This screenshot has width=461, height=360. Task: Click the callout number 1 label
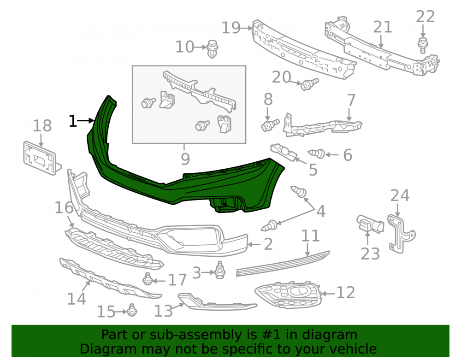point(73,121)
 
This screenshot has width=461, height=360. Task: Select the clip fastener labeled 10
point(212,49)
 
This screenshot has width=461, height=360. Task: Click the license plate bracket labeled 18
point(41,159)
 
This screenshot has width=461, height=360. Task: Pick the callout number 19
point(231,28)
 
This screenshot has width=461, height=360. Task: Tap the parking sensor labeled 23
point(370,224)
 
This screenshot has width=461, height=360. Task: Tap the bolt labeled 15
point(132,310)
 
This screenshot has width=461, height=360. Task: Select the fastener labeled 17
point(147,279)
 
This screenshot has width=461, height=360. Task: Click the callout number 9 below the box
point(185,159)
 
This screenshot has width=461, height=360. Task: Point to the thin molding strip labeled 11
point(283,264)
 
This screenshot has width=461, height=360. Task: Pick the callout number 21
point(383,27)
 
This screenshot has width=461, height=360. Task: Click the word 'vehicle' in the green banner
point(355,349)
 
